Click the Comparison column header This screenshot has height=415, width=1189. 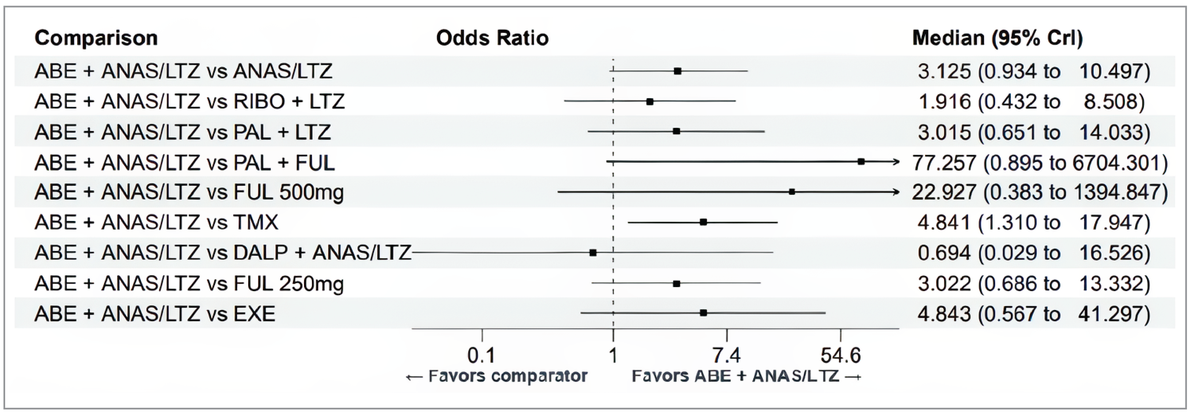pyautogui.click(x=96, y=38)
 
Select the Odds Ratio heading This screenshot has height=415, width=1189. pyautogui.click(x=492, y=38)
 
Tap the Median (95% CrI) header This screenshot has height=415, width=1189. pyautogui.click(x=997, y=38)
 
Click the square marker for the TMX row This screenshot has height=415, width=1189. pyautogui.click(x=703, y=222)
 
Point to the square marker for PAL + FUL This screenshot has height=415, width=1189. pyautogui.click(x=861, y=162)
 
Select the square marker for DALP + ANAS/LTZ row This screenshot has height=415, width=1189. pyautogui.click(x=593, y=253)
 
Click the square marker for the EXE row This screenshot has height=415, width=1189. pyautogui.click(x=703, y=313)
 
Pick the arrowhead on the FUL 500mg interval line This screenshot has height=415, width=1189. pyautogui.click(x=896, y=192)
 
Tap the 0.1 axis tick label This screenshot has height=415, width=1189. pyautogui.click(x=481, y=356)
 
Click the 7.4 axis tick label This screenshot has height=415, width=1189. pyautogui.click(x=727, y=356)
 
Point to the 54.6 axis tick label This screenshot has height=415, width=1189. pyautogui.click(x=841, y=356)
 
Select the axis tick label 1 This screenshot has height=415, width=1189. pyautogui.click(x=613, y=356)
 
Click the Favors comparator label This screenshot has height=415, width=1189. pyautogui.click(x=497, y=376)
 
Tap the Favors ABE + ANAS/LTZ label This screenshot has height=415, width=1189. pyautogui.click(x=745, y=376)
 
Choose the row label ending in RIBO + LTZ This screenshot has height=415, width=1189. pyautogui.click(x=189, y=101)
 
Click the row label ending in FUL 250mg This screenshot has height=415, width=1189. pyautogui.click(x=189, y=284)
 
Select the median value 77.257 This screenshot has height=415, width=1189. pyautogui.click(x=944, y=162)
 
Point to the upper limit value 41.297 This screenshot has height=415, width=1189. pyautogui.click(x=1113, y=314)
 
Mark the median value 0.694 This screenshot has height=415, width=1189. pyautogui.click(x=944, y=253)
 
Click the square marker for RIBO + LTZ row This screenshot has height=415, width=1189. pyautogui.click(x=650, y=101)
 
